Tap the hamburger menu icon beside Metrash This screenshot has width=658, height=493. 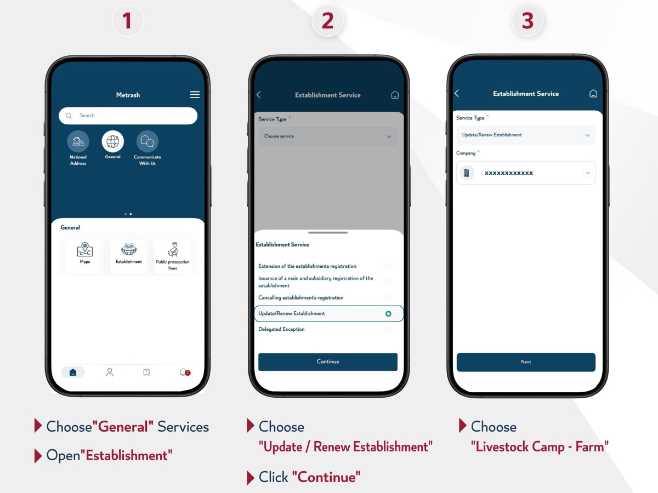[x=195, y=95]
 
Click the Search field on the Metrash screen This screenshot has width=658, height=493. [x=128, y=116]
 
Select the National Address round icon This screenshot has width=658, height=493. [x=78, y=141]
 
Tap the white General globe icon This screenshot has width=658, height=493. [x=113, y=141]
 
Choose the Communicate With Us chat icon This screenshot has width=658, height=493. [x=147, y=141]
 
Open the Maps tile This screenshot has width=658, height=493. [x=85, y=256]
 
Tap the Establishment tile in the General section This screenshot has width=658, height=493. [x=129, y=256]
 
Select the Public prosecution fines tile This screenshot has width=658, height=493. [x=172, y=256]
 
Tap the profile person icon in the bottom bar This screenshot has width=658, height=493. [x=110, y=372]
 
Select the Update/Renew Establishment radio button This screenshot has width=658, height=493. [x=388, y=314]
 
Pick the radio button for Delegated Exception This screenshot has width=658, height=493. [x=388, y=330]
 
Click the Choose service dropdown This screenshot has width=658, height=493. [x=328, y=136]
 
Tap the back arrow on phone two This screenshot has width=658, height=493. [x=259, y=95]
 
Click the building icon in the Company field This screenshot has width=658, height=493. [x=467, y=173]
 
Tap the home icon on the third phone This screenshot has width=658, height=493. [x=593, y=94]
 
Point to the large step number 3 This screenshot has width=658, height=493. [x=527, y=21]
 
